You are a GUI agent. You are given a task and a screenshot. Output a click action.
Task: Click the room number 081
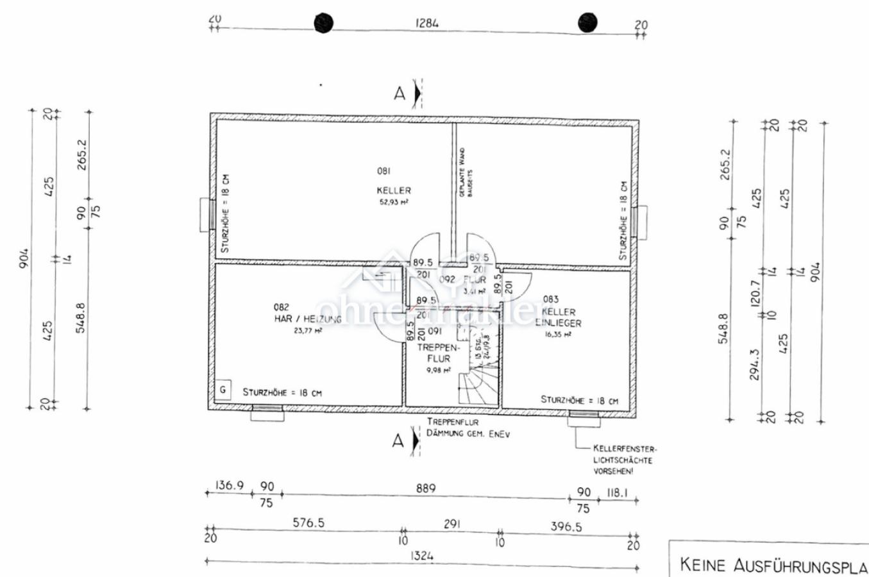(x=384, y=171)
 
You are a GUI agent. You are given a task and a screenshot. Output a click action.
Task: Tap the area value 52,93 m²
(x=393, y=202)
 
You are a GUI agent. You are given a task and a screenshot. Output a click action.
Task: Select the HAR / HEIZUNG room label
(x=307, y=319)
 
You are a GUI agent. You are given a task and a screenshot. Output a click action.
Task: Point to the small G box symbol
(x=223, y=390)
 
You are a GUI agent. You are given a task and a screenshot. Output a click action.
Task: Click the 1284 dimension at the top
(x=427, y=24)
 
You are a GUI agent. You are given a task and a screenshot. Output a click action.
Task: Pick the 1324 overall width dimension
(x=421, y=556)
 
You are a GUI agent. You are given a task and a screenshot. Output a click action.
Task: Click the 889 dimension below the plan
(x=425, y=489)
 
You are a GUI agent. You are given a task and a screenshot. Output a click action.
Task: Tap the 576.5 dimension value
(x=308, y=523)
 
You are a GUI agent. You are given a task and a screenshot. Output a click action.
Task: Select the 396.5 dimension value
(x=566, y=527)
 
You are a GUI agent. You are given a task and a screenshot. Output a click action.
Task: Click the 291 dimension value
(x=452, y=524)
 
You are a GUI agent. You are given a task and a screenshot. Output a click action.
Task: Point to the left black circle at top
(x=324, y=23)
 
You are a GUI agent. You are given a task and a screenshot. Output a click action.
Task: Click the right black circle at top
(x=587, y=22)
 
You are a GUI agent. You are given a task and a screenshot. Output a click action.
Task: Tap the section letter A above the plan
(x=400, y=94)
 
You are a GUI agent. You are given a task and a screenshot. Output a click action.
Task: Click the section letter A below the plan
(x=398, y=440)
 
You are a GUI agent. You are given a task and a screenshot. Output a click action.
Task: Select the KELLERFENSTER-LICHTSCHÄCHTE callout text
(x=623, y=460)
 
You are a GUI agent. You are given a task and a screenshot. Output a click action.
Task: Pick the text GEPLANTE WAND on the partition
(x=462, y=172)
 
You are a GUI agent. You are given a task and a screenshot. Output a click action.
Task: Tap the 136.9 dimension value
(x=230, y=486)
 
